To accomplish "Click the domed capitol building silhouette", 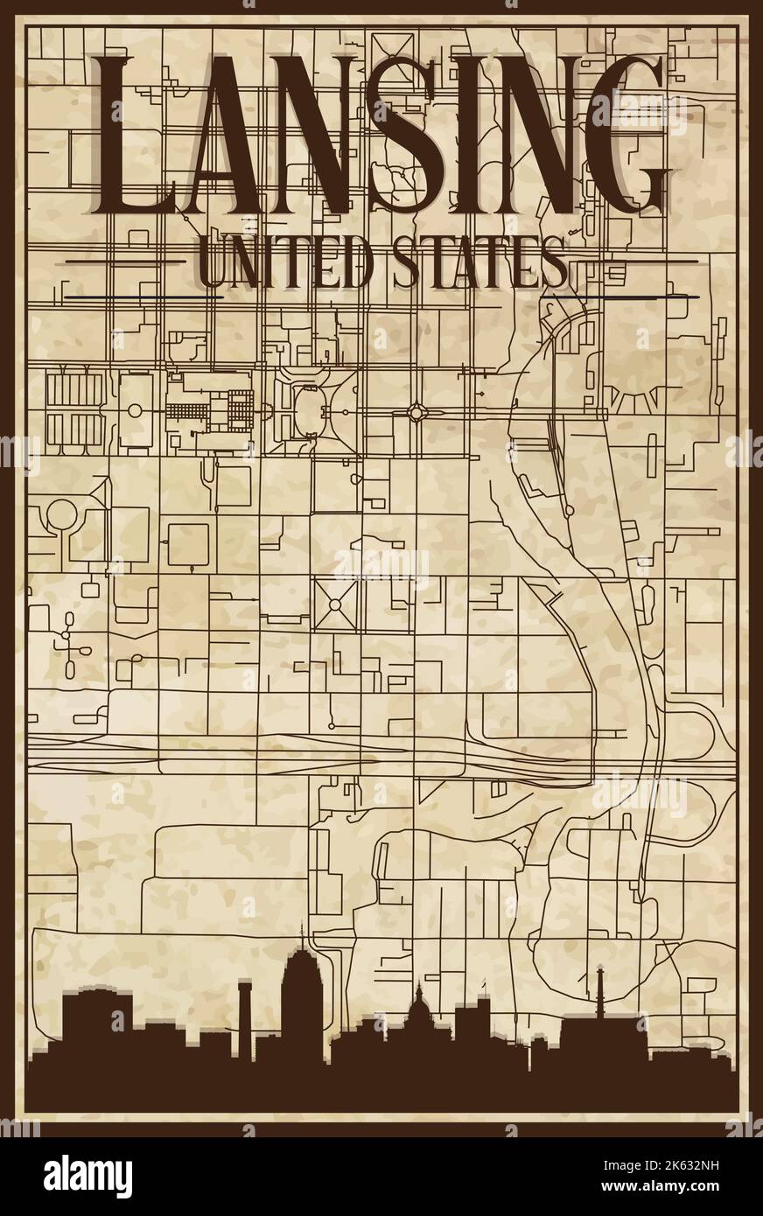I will pos(418,1015).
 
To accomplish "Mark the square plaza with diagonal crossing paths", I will pos(333,604).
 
